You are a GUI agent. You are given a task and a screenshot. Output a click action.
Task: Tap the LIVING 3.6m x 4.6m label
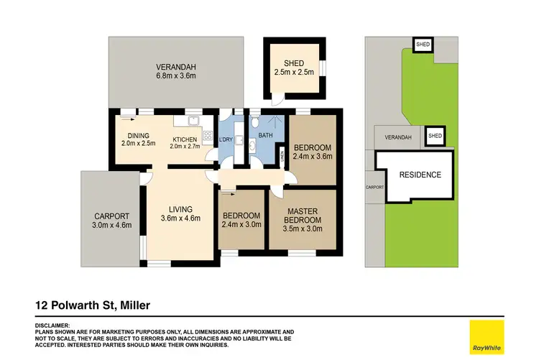pyautogui.click(x=180, y=214)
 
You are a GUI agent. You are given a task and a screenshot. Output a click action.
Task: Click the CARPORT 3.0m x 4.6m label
pyautogui.click(x=111, y=221)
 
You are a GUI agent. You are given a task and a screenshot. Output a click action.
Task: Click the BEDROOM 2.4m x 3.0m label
pyautogui.click(x=241, y=220)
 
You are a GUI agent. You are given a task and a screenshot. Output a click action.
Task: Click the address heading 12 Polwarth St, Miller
pyautogui.click(x=93, y=306)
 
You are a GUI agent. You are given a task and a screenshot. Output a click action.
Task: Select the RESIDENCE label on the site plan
pyautogui.click(x=420, y=175)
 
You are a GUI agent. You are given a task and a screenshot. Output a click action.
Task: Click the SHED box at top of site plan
pyautogui.click(x=423, y=44)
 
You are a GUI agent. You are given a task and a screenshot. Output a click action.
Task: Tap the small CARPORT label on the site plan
pyautogui.click(x=375, y=187)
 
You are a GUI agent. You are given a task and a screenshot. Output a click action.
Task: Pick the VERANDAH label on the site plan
pyautogui.click(x=397, y=137)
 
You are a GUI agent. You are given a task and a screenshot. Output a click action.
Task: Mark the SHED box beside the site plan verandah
pyautogui.click(x=435, y=136)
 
